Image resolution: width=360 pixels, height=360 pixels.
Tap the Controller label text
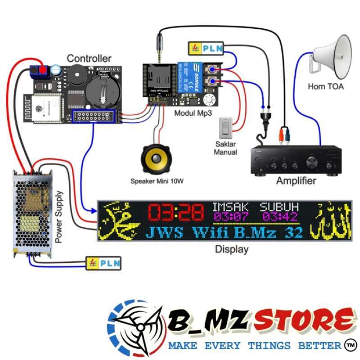click(89, 58)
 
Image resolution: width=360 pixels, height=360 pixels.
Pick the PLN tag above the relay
click(205, 47)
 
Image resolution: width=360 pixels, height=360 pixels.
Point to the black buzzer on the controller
click(74, 73)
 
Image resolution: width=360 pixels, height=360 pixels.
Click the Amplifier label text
click(295, 181)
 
